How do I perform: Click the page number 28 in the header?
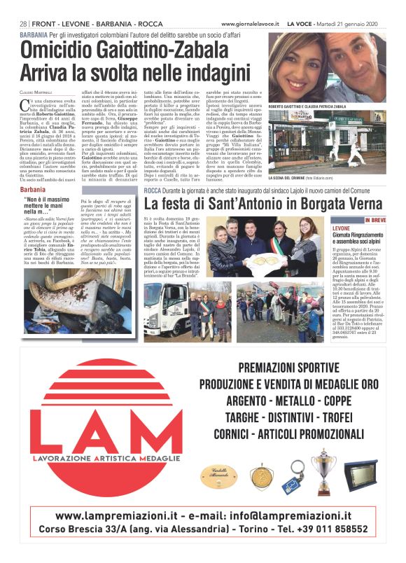click(24, 23)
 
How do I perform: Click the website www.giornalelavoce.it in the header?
click(251, 23)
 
